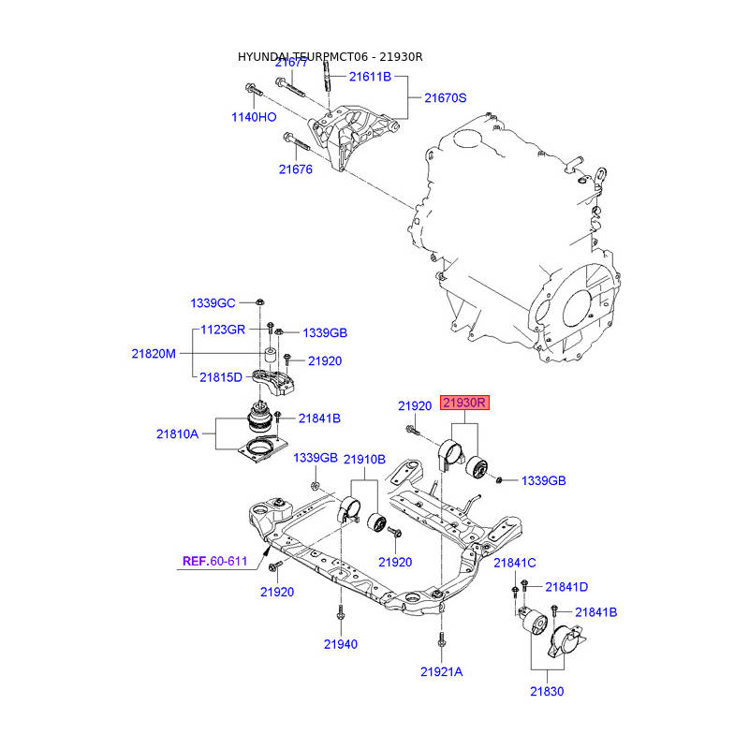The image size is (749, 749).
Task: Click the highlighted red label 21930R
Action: [x=466, y=404]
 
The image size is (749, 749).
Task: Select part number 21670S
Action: [x=446, y=97]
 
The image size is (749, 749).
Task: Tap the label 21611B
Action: [x=370, y=78]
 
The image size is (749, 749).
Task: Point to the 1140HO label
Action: [x=255, y=117]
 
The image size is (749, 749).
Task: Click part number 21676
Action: [x=296, y=169]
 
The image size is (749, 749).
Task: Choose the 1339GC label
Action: [x=213, y=303]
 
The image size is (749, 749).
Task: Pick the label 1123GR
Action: [x=223, y=330]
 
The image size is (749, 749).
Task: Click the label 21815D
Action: [x=221, y=377]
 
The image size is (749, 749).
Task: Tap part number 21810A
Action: [x=178, y=433]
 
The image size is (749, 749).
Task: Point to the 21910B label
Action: [x=364, y=459]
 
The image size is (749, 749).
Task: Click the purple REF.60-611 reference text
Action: [x=214, y=562]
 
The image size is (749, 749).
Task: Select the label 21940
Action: [x=342, y=644]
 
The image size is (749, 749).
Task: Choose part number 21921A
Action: [x=441, y=671]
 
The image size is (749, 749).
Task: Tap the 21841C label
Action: [x=514, y=562]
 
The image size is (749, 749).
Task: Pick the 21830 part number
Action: [x=549, y=691]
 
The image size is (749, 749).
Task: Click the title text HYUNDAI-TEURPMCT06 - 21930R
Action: [x=330, y=57]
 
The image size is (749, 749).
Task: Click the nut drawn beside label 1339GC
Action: [x=259, y=302]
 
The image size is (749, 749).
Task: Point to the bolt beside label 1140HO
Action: [x=255, y=91]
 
